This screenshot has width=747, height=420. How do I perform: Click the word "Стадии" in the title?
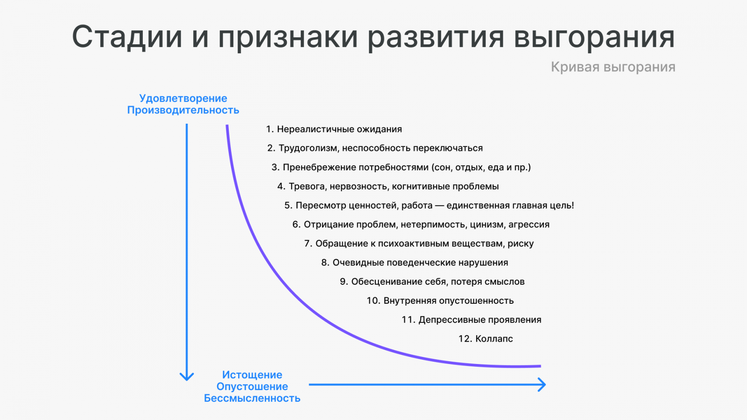[x=127, y=37]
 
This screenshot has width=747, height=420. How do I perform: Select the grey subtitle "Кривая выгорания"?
[x=613, y=67]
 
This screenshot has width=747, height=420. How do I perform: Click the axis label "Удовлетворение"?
[x=183, y=98]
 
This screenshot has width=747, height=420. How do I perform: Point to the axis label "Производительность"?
[x=183, y=110]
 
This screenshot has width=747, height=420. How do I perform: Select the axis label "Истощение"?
[x=252, y=375]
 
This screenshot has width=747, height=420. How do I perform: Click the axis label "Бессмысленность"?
[x=252, y=398]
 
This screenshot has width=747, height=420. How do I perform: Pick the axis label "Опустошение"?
[x=252, y=386]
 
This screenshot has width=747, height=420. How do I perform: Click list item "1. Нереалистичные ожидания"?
[x=334, y=129]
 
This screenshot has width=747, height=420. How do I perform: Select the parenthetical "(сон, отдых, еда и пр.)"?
[x=481, y=168]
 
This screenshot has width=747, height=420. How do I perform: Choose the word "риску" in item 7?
[x=521, y=244]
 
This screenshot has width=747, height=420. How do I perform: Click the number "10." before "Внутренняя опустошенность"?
[x=373, y=301]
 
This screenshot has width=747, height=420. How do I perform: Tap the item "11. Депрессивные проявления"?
[x=471, y=320]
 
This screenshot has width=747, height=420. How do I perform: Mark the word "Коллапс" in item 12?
[x=494, y=339]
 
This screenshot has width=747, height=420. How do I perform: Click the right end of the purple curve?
[x=540, y=366]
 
